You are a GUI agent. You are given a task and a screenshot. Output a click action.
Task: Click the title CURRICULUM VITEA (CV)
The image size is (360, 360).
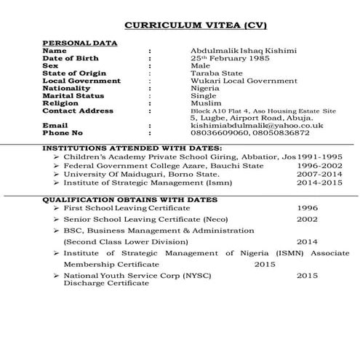coord(196,25)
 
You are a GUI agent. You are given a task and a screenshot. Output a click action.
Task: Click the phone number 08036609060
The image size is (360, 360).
coord(218,133)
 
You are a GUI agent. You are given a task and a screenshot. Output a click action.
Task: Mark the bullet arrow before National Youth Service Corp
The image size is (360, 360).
coord(57,276)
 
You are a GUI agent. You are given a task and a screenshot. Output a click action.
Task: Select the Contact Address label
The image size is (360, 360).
coord(79,111)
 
